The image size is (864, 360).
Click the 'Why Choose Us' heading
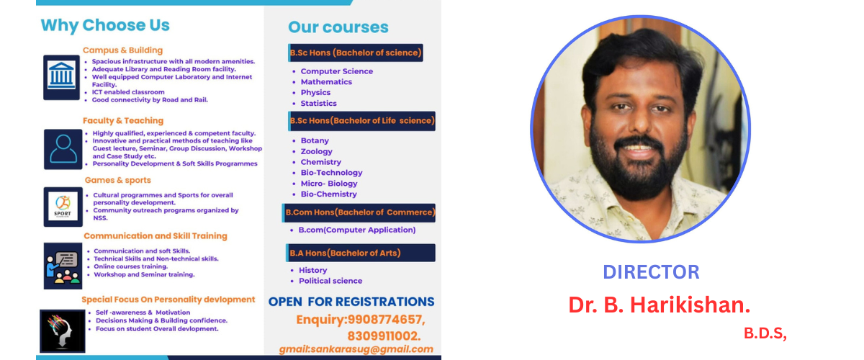click(105, 25)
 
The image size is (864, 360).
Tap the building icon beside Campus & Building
click(61, 77)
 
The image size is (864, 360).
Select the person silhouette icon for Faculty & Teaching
click(63, 149)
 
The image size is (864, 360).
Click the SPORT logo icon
click(63, 207)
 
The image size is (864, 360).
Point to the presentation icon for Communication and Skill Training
click(63, 266)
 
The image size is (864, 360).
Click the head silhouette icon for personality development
click(63, 331)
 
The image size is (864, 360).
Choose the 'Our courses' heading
click(338, 27)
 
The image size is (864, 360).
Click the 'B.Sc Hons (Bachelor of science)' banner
click(356, 53)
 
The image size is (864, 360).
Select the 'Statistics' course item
click(318, 104)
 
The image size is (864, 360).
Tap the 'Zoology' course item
click(316, 152)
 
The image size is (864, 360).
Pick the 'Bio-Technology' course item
click(331, 173)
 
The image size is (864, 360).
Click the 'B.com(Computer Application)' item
click(357, 230)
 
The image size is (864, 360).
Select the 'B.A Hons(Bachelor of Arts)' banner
click(361, 253)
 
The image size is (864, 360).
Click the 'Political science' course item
click(330, 281)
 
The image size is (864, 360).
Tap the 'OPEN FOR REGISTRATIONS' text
click(351, 302)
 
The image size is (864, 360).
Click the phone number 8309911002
click(384, 336)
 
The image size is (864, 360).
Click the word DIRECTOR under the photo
click(651, 272)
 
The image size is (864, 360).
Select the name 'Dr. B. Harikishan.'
click(660, 305)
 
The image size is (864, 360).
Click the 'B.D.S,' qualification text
click(765, 333)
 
